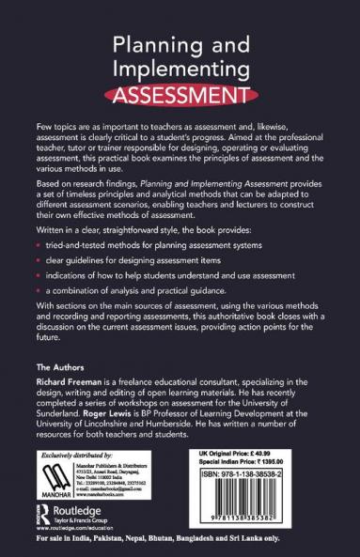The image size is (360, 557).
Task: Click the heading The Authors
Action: point(57,369)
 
